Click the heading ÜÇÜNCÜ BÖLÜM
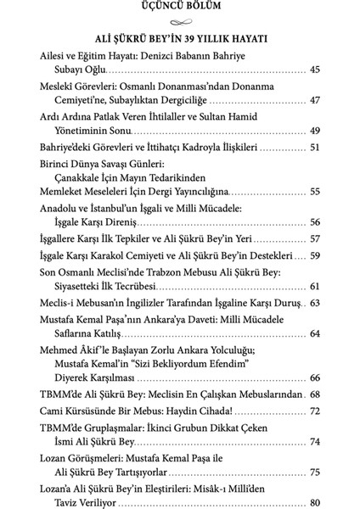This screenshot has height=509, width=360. [179, 9]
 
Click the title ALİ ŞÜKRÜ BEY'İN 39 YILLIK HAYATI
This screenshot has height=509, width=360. [180, 38]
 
